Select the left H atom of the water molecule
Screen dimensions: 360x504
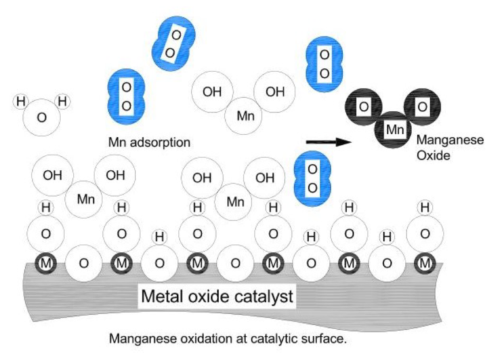(20, 102)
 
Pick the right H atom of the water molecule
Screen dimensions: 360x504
(63, 102)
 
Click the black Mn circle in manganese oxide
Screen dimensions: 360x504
(394, 130)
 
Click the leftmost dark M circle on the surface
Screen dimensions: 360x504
(45, 263)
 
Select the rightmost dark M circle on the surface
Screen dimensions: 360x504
(426, 263)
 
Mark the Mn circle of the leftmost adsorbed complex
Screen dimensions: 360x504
(86, 199)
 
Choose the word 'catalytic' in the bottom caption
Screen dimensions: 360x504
(283, 339)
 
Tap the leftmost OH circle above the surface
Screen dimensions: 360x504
(52, 175)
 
